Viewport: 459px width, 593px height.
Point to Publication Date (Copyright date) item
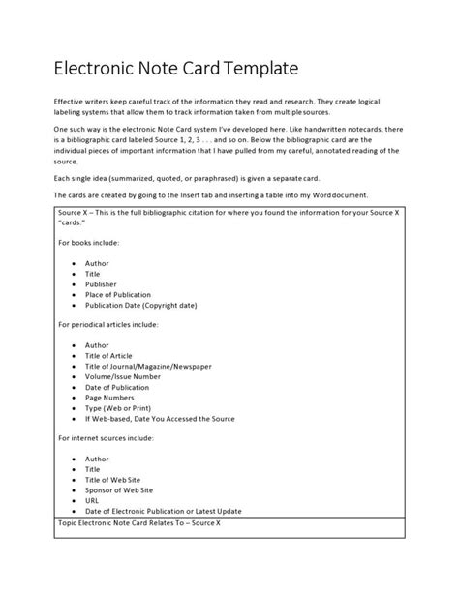point(141,305)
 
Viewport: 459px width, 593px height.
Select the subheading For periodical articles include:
point(120,324)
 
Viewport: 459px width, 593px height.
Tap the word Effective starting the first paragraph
point(70,100)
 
